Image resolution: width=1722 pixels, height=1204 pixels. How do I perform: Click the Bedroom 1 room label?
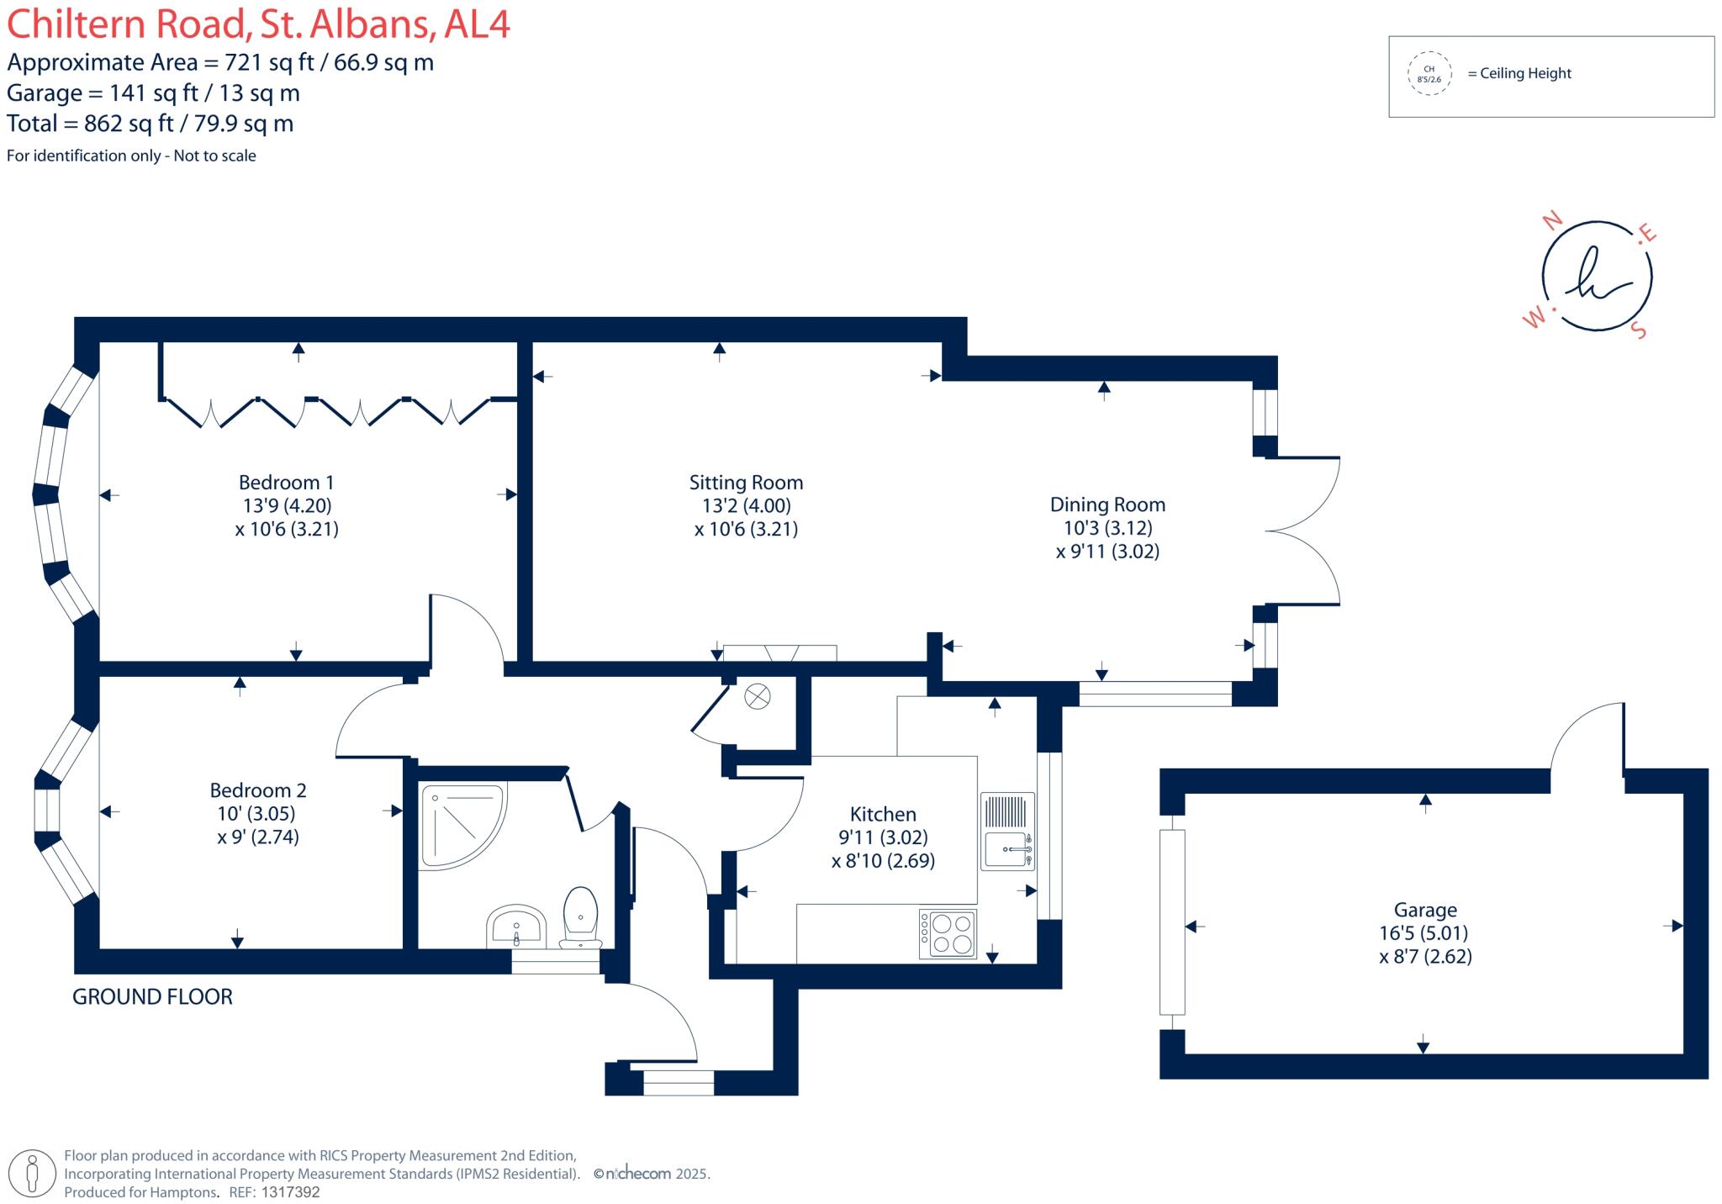point(286,483)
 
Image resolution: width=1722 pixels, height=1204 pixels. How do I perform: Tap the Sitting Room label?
point(746,483)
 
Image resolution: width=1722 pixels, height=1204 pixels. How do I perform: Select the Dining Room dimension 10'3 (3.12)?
point(1107,528)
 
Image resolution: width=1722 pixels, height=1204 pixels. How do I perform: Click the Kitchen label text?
point(882,814)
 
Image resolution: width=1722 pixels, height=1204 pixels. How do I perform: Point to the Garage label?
point(1424,910)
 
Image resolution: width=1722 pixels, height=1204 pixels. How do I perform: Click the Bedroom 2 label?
point(257,790)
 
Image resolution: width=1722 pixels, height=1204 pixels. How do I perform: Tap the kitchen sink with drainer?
point(1007,832)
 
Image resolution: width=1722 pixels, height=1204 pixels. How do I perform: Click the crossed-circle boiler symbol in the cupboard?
point(757,696)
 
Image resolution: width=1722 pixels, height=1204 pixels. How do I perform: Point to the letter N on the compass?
point(1552,221)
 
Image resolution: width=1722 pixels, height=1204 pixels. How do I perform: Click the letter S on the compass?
point(1638,330)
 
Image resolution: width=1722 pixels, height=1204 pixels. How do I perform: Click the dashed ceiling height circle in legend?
point(1429,74)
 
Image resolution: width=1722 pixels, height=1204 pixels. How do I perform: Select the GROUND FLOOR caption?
point(152,997)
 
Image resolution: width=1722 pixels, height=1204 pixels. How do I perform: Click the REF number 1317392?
point(290,1192)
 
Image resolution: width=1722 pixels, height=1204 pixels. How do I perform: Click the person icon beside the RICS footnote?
point(32,1173)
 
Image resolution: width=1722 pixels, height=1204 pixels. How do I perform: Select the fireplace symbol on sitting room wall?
point(779,653)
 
